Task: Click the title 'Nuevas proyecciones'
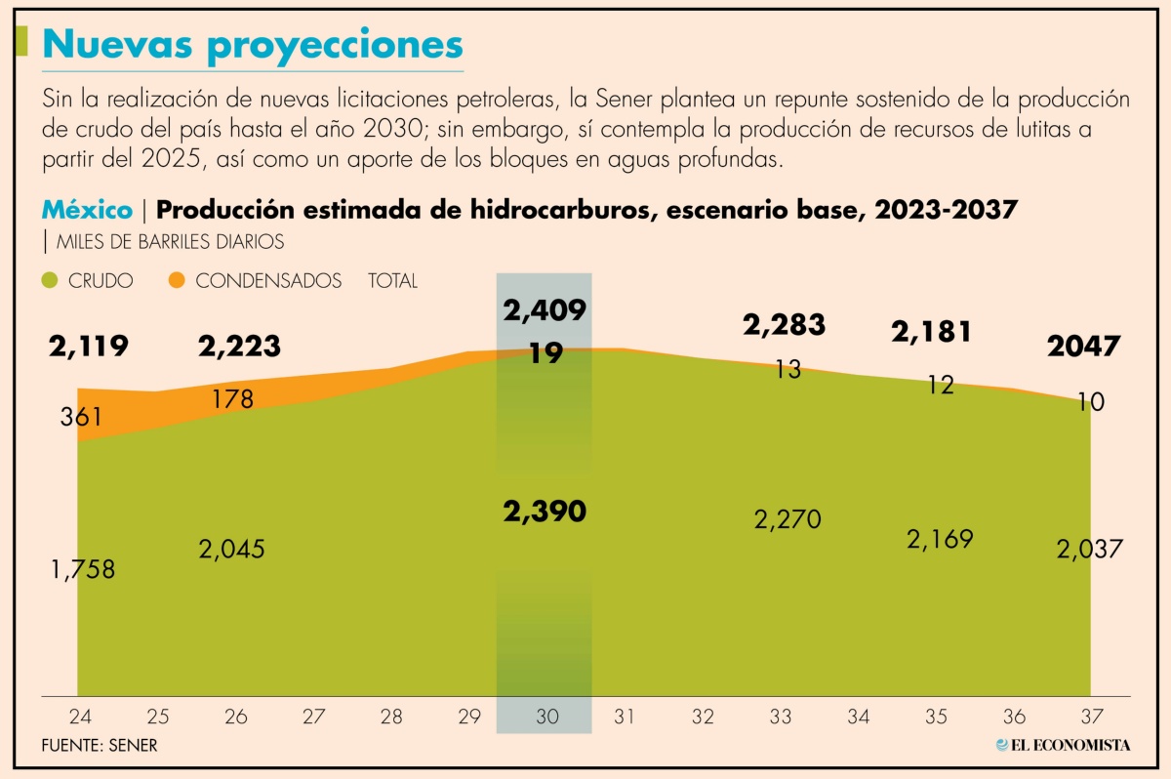[253, 46]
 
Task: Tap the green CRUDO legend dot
[50, 281]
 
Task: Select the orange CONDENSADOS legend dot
[177, 280]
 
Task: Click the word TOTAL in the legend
[392, 281]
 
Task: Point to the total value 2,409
[545, 310]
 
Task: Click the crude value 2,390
[545, 512]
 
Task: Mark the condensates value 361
[81, 417]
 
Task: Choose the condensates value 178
[233, 399]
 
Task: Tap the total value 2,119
[89, 347]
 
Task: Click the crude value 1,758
[83, 569]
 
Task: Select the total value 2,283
[785, 325]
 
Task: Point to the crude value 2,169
[940, 540]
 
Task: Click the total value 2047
[1084, 347]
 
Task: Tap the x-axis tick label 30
[547, 717]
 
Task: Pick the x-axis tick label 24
[80, 717]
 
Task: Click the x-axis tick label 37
[1092, 717]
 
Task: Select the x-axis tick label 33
[781, 717]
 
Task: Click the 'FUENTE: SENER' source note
[100, 746]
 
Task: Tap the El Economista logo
[1063, 745]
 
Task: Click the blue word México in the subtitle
[87, 210]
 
